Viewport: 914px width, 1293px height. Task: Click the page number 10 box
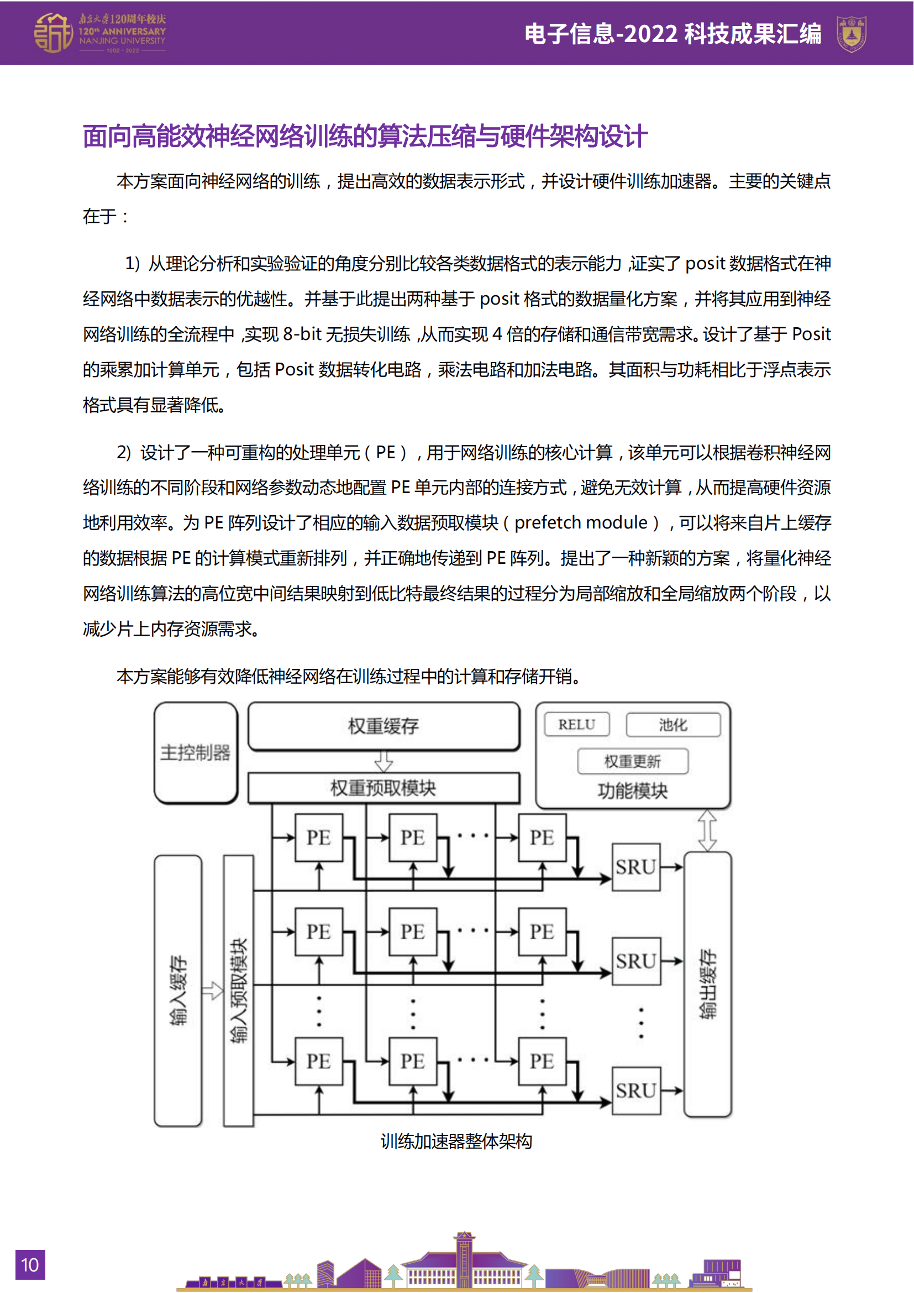[x=30, y=1265]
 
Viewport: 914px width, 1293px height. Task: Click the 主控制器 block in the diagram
[x=195, y=752]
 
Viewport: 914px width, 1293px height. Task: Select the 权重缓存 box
[x=384, y=726]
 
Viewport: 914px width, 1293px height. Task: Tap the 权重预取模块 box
[x=384, y=788]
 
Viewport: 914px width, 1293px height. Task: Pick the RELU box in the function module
[x=576, y=725]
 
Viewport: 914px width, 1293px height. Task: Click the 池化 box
[x=673, y=725]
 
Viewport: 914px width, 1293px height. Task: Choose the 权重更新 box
[x=632, y=761]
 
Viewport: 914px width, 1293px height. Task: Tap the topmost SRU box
[x=636, y=867]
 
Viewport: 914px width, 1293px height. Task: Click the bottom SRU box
[x=636, y=1091]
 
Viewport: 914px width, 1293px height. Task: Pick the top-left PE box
[x=318, y=837]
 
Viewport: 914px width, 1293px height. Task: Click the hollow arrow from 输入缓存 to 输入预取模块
[x=212, y=990]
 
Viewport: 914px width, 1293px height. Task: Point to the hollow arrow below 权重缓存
[x=384, y=762]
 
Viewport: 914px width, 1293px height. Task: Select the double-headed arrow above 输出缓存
[x=707, y=831]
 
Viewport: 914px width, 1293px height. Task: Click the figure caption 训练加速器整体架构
[x=456, y=1142]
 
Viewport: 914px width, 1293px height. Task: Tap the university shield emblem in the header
[x=852, y=34]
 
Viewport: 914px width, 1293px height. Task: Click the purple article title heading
[x=365, y=137]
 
